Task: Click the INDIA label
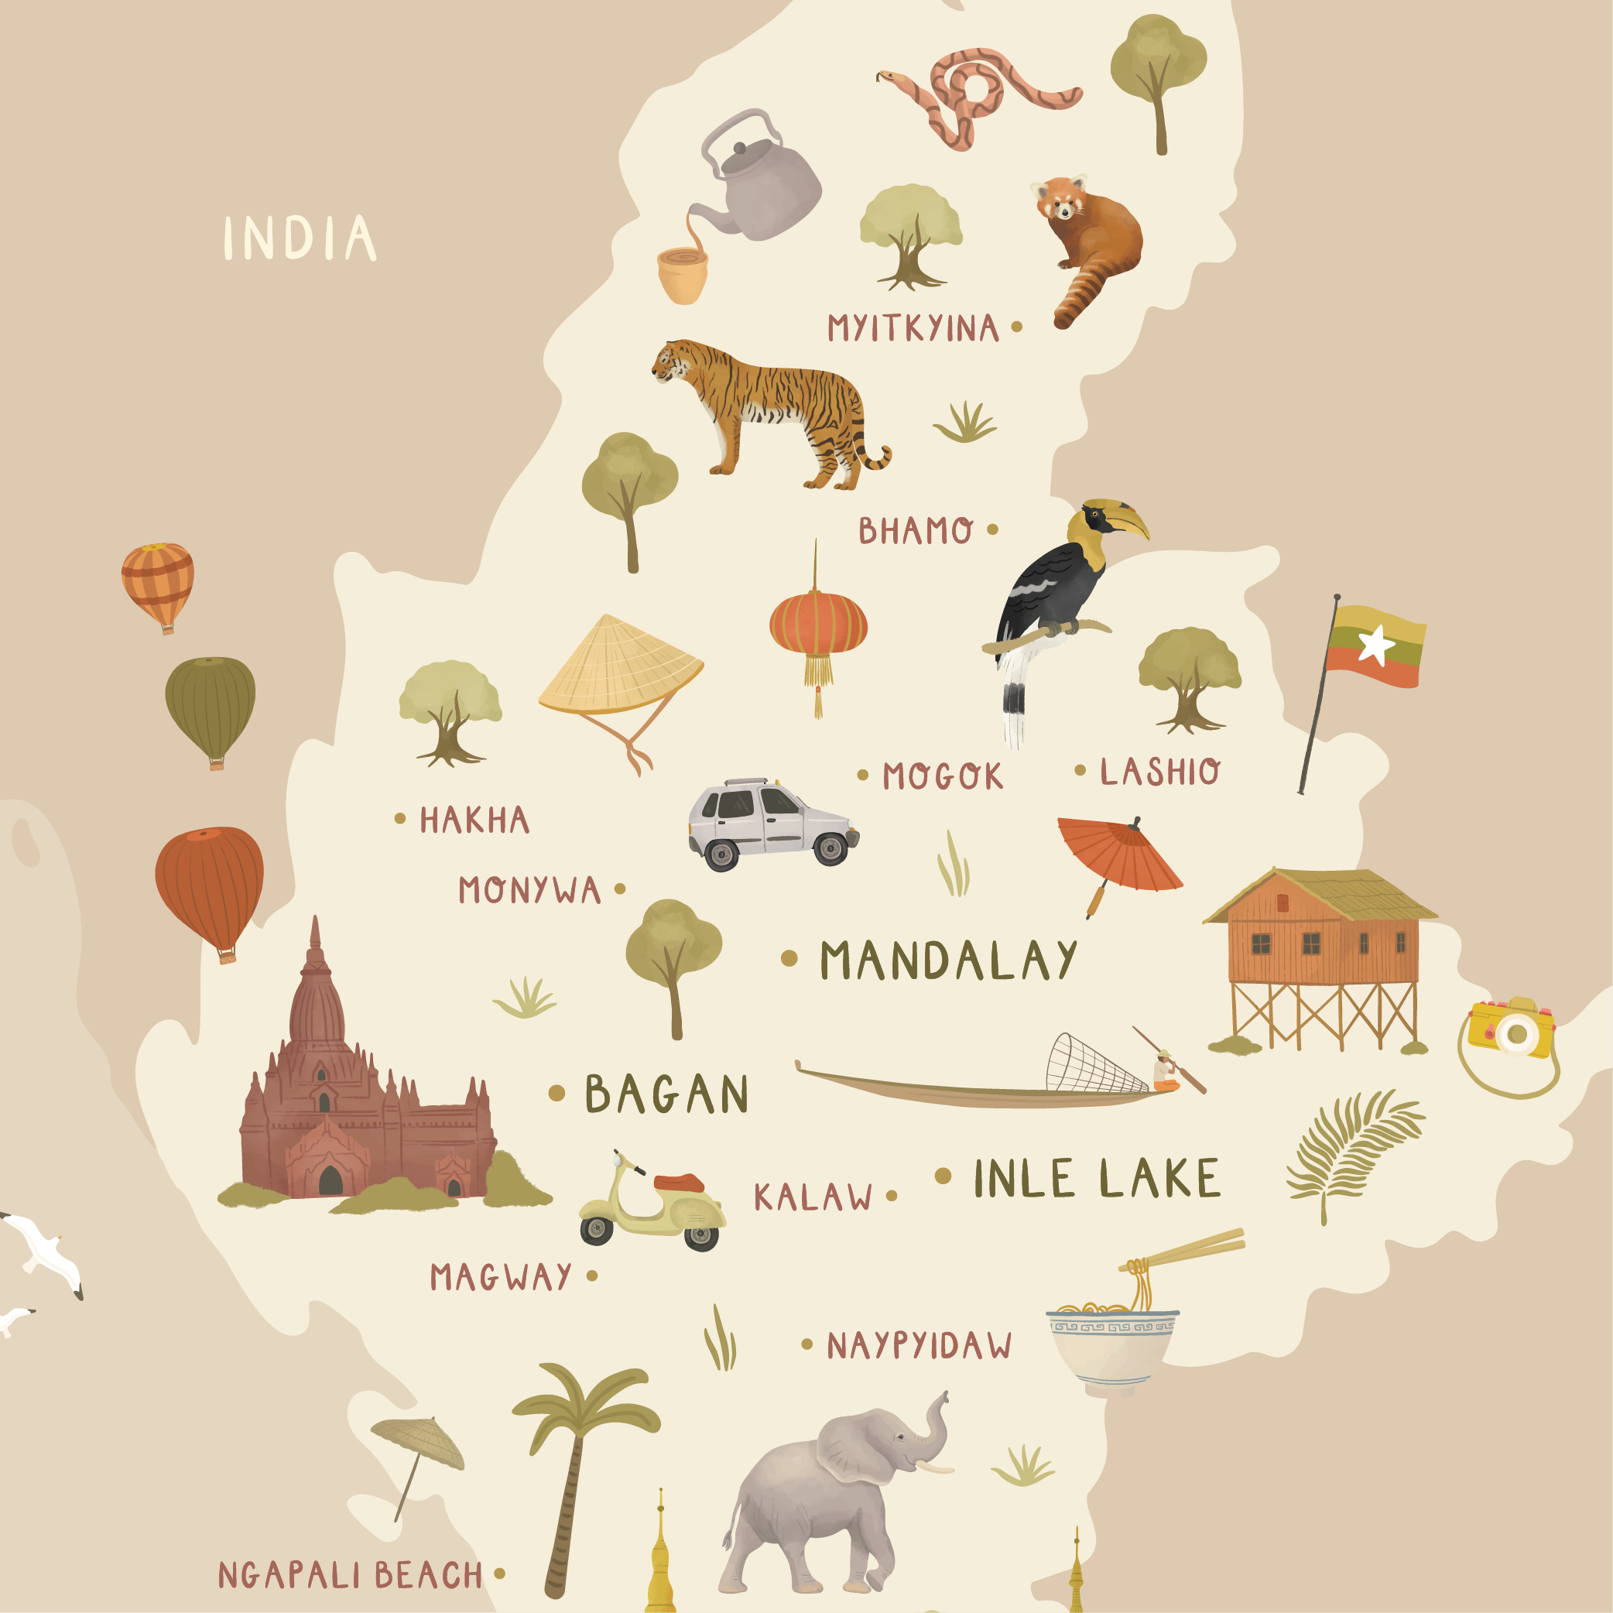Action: pos(299,239)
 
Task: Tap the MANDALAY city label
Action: pos(948,960)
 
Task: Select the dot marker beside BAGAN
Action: pos(557,1093)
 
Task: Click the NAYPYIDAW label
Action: pos(919,1346)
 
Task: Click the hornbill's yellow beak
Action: pos(1128,519)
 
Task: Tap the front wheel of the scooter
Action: pos(597,1230)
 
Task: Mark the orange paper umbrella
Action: pos(1118,855)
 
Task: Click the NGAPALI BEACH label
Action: pos(351,1574)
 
